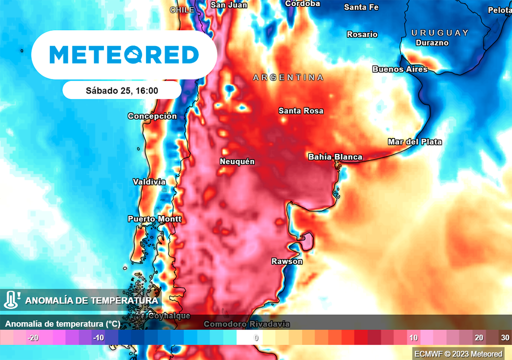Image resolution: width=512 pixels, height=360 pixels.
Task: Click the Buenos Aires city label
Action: pyautogui.click(x=400, y=69)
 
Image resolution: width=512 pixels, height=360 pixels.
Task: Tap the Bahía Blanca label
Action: pyautogui.click(x=335, y=157)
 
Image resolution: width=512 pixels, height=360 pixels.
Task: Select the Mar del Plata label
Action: pyautogui.click(x=414, y=142)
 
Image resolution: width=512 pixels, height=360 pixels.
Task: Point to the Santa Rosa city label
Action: pyautogui.click(x=300, y=110)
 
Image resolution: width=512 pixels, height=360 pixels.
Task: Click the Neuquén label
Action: pyautogui.click(x=237, y=161)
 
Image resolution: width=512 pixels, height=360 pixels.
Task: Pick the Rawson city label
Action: pyautogui.click(x=286, y=261)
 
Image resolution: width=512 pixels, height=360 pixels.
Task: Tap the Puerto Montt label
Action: pyautogui.click(x=154, y=219)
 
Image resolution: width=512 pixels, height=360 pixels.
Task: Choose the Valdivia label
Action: pyautogui.click(x=149, y=182)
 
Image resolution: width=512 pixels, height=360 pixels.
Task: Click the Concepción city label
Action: pyautogui.click(x=152, y=116)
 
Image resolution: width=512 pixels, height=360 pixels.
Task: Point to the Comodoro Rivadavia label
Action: pyautogui.click(x=246, y=324)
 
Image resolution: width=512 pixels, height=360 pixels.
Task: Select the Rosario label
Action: pyautogui.click(x=362, y=34)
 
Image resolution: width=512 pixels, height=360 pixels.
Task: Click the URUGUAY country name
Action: pyautogui.click(x=439, y=32)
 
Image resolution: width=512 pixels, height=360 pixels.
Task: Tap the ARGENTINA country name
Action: pyautogui.click(x=288, y=77)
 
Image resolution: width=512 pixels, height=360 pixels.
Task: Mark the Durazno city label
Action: pyautogui.click(x=432, y=43)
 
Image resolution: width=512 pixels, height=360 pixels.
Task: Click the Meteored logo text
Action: pyautogui.click(x=124, y=54)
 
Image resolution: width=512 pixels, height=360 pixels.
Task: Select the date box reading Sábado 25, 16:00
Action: pyautogui.click(x=121, y=90)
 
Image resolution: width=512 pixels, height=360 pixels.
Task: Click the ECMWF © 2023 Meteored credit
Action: pyautogui.click(x=458, y=354)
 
